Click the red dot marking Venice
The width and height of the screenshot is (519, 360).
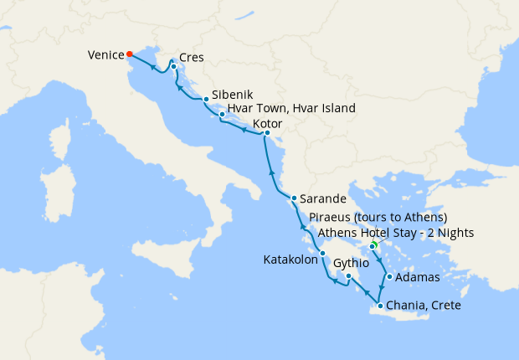pos(129,55)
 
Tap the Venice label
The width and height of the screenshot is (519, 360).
pos(105,56)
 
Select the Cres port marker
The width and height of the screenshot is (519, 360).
pos(173,66)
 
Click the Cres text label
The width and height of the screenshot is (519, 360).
pos(192,59)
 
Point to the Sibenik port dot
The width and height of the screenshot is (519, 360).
pos(206,100)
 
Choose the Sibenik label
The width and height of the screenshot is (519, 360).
pos(234,95)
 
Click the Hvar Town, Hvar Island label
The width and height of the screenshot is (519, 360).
pos(291,108)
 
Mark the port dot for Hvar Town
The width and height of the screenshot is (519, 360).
pos(221,114)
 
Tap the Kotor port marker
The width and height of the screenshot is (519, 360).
pos(266,133)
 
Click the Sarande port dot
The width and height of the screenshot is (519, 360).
pos(293,198)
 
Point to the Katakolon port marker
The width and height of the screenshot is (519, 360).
pos(321,254)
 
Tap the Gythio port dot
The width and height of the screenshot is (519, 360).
pos(347,275)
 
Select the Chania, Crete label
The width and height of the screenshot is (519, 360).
pos(424,306)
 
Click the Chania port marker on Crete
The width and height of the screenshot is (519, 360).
pos(381,306)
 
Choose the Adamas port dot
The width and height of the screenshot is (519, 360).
pos(389,276)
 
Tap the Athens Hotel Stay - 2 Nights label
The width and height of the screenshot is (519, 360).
pos(396,233)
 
